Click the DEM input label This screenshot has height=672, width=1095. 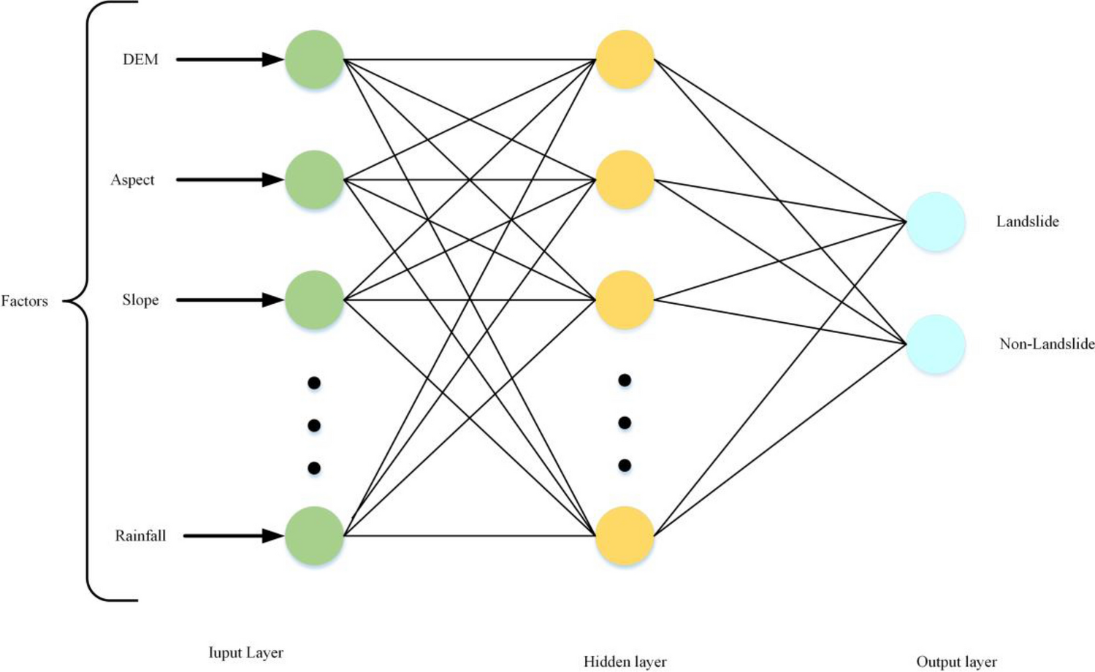[x=140, y=60]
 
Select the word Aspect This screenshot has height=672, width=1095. [x=132, y=180]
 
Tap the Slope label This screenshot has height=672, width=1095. [x=140, y=300]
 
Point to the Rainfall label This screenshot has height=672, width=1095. [x=140, y=536]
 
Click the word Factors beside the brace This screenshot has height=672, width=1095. [x=24, y=301]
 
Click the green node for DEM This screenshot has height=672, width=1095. [x=314, y=60]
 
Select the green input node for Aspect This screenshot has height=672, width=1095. [x=314, y=180]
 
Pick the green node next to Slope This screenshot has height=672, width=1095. [x=314, y=300]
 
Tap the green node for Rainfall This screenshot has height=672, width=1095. [x=314, y=536]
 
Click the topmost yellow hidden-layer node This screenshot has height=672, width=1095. [x=625, y=60]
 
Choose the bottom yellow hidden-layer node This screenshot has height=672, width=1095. [x=625, y=536]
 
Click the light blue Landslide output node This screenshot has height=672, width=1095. [x=936, y=222]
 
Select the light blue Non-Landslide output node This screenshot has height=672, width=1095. [x=936, y=344]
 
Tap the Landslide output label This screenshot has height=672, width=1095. [x=1027, y=222]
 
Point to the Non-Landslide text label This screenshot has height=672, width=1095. [x=1046, y=344]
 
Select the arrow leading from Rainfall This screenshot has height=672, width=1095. [x=233, y=536]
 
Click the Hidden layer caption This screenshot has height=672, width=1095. [x=625, y=662]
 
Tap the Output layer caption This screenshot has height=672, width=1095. [x=956, y=662]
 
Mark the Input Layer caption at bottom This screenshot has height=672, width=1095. [x=245, y=653]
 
